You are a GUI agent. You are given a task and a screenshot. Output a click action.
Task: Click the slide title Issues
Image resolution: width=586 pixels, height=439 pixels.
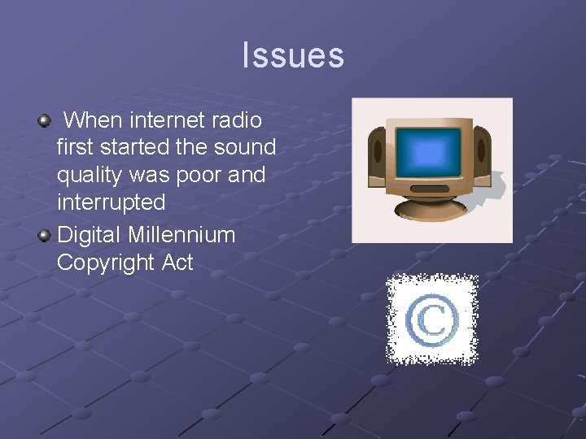tap(293, 55)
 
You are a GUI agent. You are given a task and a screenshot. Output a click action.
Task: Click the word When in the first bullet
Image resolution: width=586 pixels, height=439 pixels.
tap(93, 120)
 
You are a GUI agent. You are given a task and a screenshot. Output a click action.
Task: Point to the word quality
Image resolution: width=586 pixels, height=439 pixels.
tap(87, 176)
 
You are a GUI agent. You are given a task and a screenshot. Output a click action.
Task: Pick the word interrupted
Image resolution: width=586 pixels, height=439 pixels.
tap(111, 202)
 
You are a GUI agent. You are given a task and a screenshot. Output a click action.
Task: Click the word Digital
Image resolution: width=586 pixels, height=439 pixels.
tap(90, 236)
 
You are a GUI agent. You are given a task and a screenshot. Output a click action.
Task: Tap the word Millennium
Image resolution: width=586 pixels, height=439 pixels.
tap(181, 236)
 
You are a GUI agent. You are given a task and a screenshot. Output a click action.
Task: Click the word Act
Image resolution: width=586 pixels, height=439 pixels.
tap(177, 263)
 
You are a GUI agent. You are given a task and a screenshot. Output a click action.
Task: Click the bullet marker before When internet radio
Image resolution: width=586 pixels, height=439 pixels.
tap(44, 121)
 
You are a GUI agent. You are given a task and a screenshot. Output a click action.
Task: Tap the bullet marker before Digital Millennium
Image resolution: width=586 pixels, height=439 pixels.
tap(44, 237)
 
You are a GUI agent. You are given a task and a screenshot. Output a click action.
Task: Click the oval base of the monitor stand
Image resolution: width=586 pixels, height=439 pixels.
tap(431, 208)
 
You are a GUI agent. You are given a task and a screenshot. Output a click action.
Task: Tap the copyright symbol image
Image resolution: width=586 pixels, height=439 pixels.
tap(431, 319)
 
